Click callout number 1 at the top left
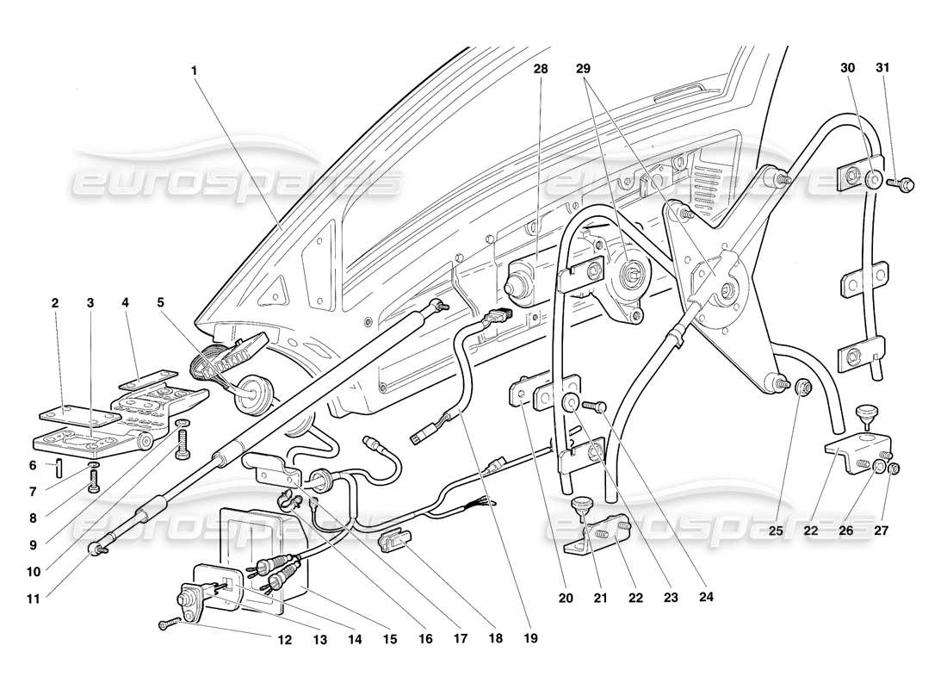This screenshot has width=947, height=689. pos(195,68)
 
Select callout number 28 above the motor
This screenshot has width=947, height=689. pos(540,68)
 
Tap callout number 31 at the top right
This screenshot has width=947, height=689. pos(882,68)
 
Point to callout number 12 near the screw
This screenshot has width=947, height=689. pos(284,640)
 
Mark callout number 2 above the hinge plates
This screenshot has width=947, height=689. pos(55,303)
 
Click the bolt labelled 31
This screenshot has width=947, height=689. pos(904,183)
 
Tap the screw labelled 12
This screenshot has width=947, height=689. pos(170,625)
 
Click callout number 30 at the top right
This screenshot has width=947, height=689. pos(847,68)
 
